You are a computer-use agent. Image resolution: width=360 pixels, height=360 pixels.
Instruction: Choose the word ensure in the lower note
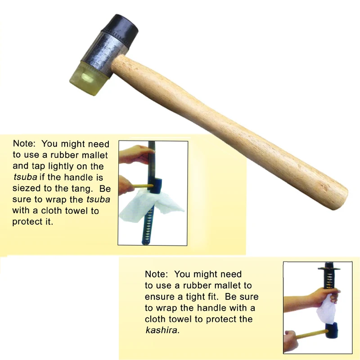[x=159, y=297]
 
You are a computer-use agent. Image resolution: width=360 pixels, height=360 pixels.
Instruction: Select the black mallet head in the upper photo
[x=155, y=185]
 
